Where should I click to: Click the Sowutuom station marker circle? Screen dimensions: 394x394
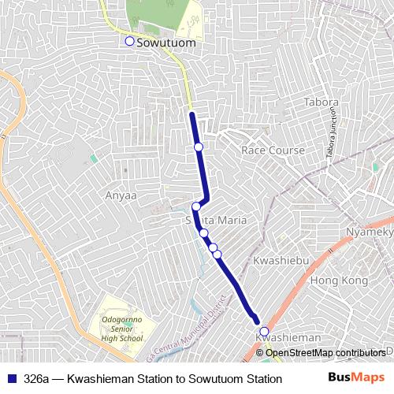130,42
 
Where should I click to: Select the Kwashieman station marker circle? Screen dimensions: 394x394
264,331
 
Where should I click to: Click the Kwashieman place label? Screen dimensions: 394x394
288,337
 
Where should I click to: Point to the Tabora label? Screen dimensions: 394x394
321,102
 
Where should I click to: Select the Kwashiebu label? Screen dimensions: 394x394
275,260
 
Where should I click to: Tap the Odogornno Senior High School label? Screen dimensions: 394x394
122,329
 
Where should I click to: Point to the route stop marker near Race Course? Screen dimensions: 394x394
199,147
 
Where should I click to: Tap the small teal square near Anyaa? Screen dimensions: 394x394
93,158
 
